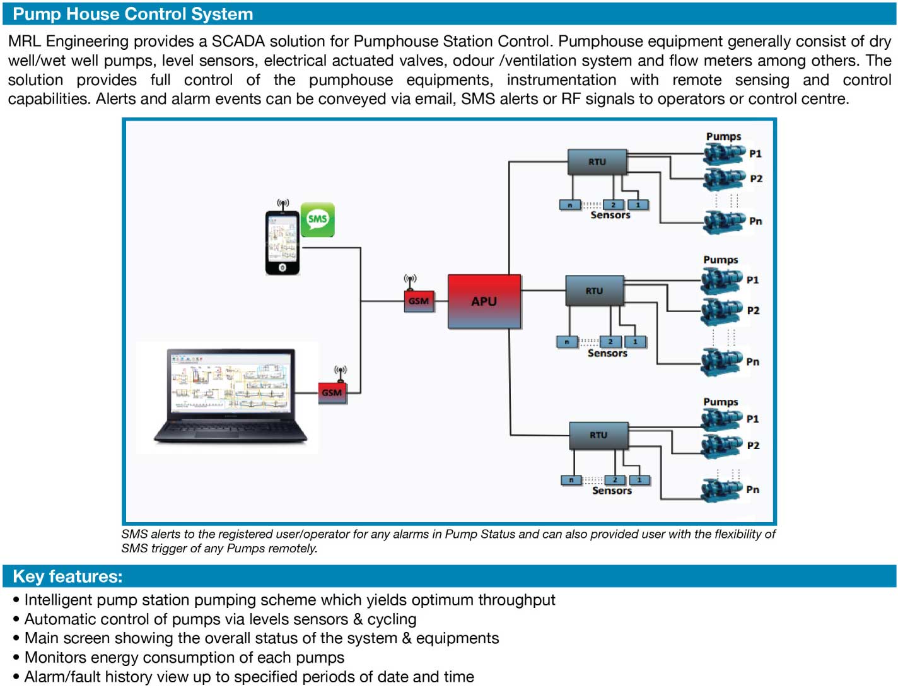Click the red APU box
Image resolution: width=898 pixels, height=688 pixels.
(x=484, y=301)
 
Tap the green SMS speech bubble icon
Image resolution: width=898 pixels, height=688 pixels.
(x=317, y=219)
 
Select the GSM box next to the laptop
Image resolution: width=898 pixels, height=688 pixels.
(x=332, y=392)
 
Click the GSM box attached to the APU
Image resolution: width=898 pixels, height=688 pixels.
(x=419, y=301)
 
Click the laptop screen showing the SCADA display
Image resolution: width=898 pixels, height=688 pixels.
(x=230, y=382)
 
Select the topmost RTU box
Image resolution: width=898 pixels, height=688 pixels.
(x=597, y=162)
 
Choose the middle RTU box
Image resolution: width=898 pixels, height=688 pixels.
(x=594, y=291)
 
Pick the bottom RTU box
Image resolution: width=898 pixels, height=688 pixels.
(x=598, y=435)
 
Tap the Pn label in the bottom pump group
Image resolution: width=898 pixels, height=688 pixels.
(x=752, y=489)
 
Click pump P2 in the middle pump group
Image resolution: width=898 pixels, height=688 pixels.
(x=721, y=310)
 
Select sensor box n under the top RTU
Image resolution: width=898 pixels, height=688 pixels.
(x=570, y=205)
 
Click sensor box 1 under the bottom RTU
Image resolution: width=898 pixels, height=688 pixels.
(x=639, y=481)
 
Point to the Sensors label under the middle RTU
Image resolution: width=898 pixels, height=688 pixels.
(x=607, y=353)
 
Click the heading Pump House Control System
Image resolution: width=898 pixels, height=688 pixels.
(x=133, y=14)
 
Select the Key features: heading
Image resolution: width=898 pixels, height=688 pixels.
(x=67, y=576)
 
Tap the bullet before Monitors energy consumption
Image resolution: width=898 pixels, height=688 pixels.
(x=16, y=658)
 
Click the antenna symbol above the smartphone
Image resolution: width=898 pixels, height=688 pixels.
(x=283, y=204)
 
